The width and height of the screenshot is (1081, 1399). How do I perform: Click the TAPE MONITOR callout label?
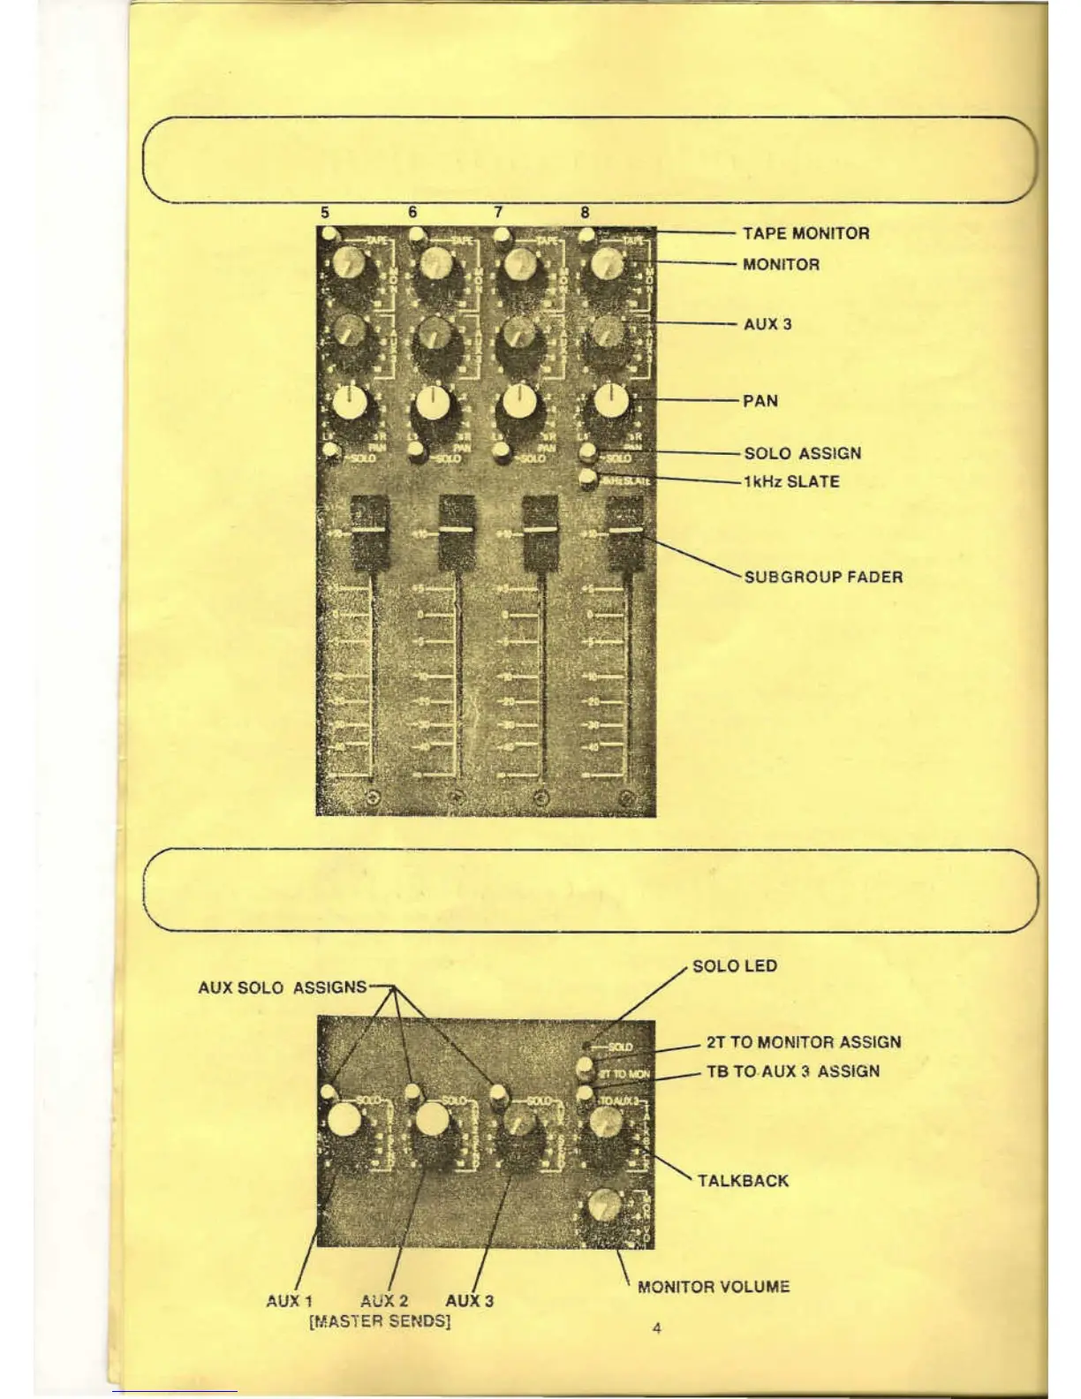pyautogui.click(x=805, y=233)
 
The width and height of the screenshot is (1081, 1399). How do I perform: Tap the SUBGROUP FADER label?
pyautogui.click(x=823, y=577)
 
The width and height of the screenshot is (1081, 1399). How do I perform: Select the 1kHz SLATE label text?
pyautogui.click(x=791, y=481)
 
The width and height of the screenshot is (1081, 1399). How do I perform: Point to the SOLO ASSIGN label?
pyautogui.click(x=802, y=453)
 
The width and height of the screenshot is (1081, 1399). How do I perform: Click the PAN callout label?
pyautogui.click(x=760, y=401)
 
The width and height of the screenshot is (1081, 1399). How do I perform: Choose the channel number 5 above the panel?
pyautogui.click(x=325, y=212)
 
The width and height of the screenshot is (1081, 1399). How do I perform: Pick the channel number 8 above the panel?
pyautogui.click(x=585, y=212)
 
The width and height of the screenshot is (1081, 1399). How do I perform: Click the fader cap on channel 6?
pyautogui.click(x=457, y=530)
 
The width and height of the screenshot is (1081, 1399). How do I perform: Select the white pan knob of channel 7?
pyautogui.click(x=520, y=404)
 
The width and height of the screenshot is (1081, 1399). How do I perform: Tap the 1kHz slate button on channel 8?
pyautogui.click(x=587, y=480)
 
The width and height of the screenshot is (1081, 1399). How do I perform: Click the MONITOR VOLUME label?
pyautogui.click(x=714, y=1287)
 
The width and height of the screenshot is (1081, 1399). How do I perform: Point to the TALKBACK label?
pyautogui.click(x=743, y=1181)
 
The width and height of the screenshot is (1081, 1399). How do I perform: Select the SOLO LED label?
pyautogui.click(x=735, y=965)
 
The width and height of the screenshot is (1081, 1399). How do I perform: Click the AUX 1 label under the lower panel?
pyautogui.click(x=289, y=1301)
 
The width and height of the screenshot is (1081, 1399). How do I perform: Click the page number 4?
pyautogui.click(x=656, y=1327)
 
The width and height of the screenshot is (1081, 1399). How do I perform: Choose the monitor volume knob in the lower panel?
pyautogui.click(x=604, y=1205)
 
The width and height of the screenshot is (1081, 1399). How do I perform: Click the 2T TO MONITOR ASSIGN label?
pyautogui.click(x=804, y=1042)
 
